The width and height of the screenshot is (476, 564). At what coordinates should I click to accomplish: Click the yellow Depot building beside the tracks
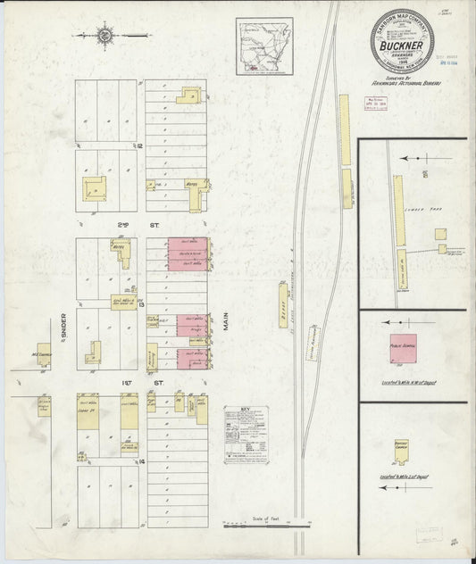[x=284, y=305]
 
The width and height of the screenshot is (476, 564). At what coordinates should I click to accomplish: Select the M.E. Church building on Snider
[x=44, y=354]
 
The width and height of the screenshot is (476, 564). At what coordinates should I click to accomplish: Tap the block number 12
[x=140, y=145]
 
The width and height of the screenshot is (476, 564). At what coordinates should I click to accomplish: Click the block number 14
[x=141, y=461]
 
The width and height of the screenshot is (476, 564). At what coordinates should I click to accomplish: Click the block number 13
[x=141, y=304]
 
